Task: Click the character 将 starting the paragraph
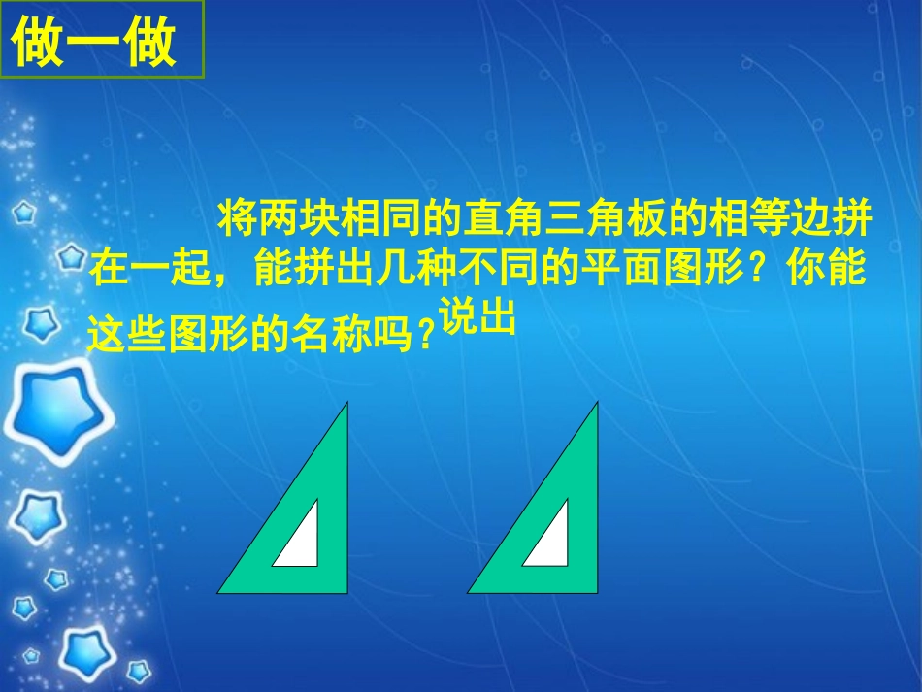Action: (236, 217)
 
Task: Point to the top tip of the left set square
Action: (346, 405)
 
